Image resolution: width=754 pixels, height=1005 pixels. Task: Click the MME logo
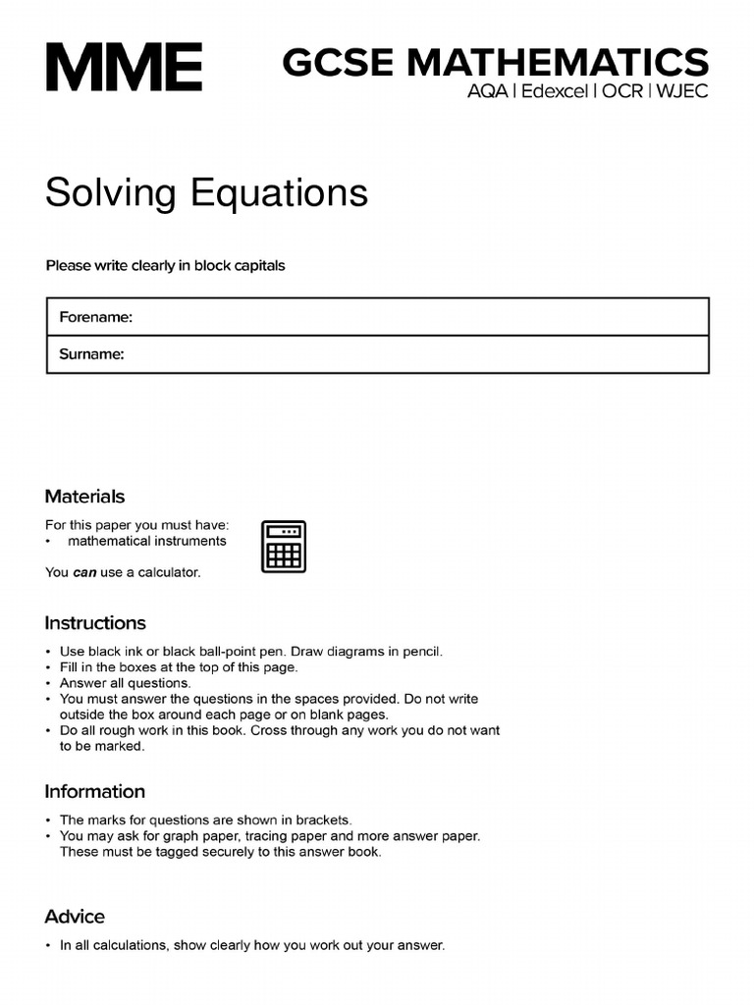click(x=124, y=67)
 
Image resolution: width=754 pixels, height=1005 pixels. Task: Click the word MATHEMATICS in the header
click(x=557, y=63)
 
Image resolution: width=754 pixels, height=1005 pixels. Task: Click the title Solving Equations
click(x=206, y=192)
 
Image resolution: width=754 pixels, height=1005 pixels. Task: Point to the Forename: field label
click(x=95, y=317)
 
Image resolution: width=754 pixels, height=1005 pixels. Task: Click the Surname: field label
click(x=91, y=354)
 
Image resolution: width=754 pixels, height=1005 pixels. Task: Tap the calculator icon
click(x=283, y=546)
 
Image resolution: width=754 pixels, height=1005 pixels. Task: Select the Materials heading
click(x=84, y=497)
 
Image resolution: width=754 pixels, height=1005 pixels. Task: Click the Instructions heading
click(x=95, y=623)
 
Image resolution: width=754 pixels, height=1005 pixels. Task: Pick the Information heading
click(x=94, y=791)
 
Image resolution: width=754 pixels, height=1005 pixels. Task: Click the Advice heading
click(x=75, y=917)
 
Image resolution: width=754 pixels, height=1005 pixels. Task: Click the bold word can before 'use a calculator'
click(x=84, y=572)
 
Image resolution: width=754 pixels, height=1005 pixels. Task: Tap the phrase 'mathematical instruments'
click(x=147, y=541)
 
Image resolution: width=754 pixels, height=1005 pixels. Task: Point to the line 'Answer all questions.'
click(x=126, y=683)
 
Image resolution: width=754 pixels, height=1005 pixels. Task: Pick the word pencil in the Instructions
click(x=421, y=651)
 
